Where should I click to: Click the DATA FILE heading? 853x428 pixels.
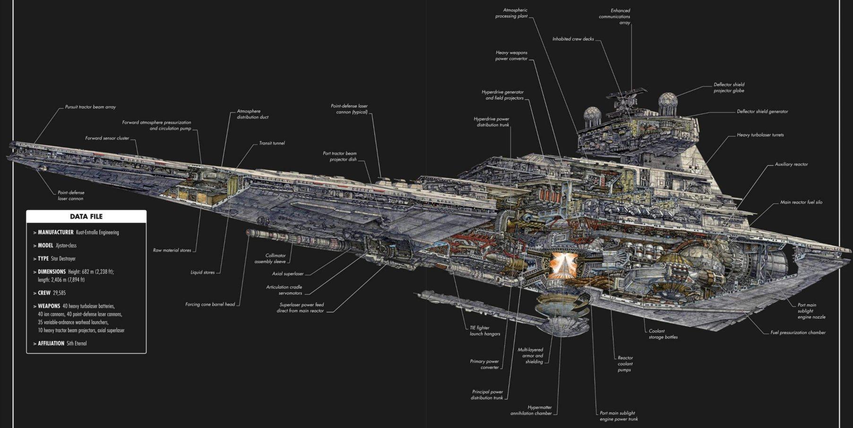[86, 217]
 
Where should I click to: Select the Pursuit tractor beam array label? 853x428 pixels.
[90, 107]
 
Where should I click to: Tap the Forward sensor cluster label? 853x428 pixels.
[107, 138]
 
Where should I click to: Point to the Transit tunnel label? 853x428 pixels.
[272, 143]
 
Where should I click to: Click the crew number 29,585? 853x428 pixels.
[59, 293]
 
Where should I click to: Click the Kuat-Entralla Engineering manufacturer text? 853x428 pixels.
[97, 233]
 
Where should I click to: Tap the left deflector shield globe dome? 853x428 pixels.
[592, 115]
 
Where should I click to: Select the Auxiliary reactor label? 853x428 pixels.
[791, 165]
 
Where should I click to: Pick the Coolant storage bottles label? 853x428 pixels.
[663, 334]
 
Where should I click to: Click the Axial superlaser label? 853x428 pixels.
[287, 274]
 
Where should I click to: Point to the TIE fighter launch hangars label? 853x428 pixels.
[484, 331]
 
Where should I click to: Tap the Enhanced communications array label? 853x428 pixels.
[615, 17]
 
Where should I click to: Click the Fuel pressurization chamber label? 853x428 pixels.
[798, 333]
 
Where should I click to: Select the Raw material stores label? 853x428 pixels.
[172, 250]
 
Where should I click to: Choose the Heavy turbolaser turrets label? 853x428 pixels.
[760, 135]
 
